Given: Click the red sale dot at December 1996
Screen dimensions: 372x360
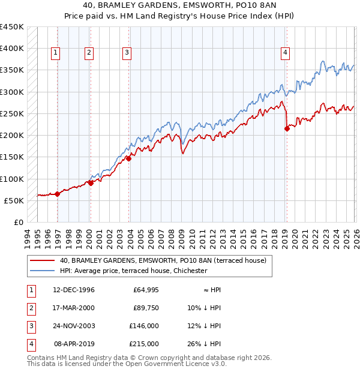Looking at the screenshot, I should (58, 194).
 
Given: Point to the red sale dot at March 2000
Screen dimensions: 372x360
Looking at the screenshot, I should (91, 183).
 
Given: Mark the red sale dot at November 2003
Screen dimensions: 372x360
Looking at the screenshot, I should (128, 158).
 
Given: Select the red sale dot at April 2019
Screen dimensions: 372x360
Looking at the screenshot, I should (287, 128).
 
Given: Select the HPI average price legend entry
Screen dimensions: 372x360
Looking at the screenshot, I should (133, 271).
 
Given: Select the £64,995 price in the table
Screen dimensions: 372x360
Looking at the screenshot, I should (145, 290).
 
